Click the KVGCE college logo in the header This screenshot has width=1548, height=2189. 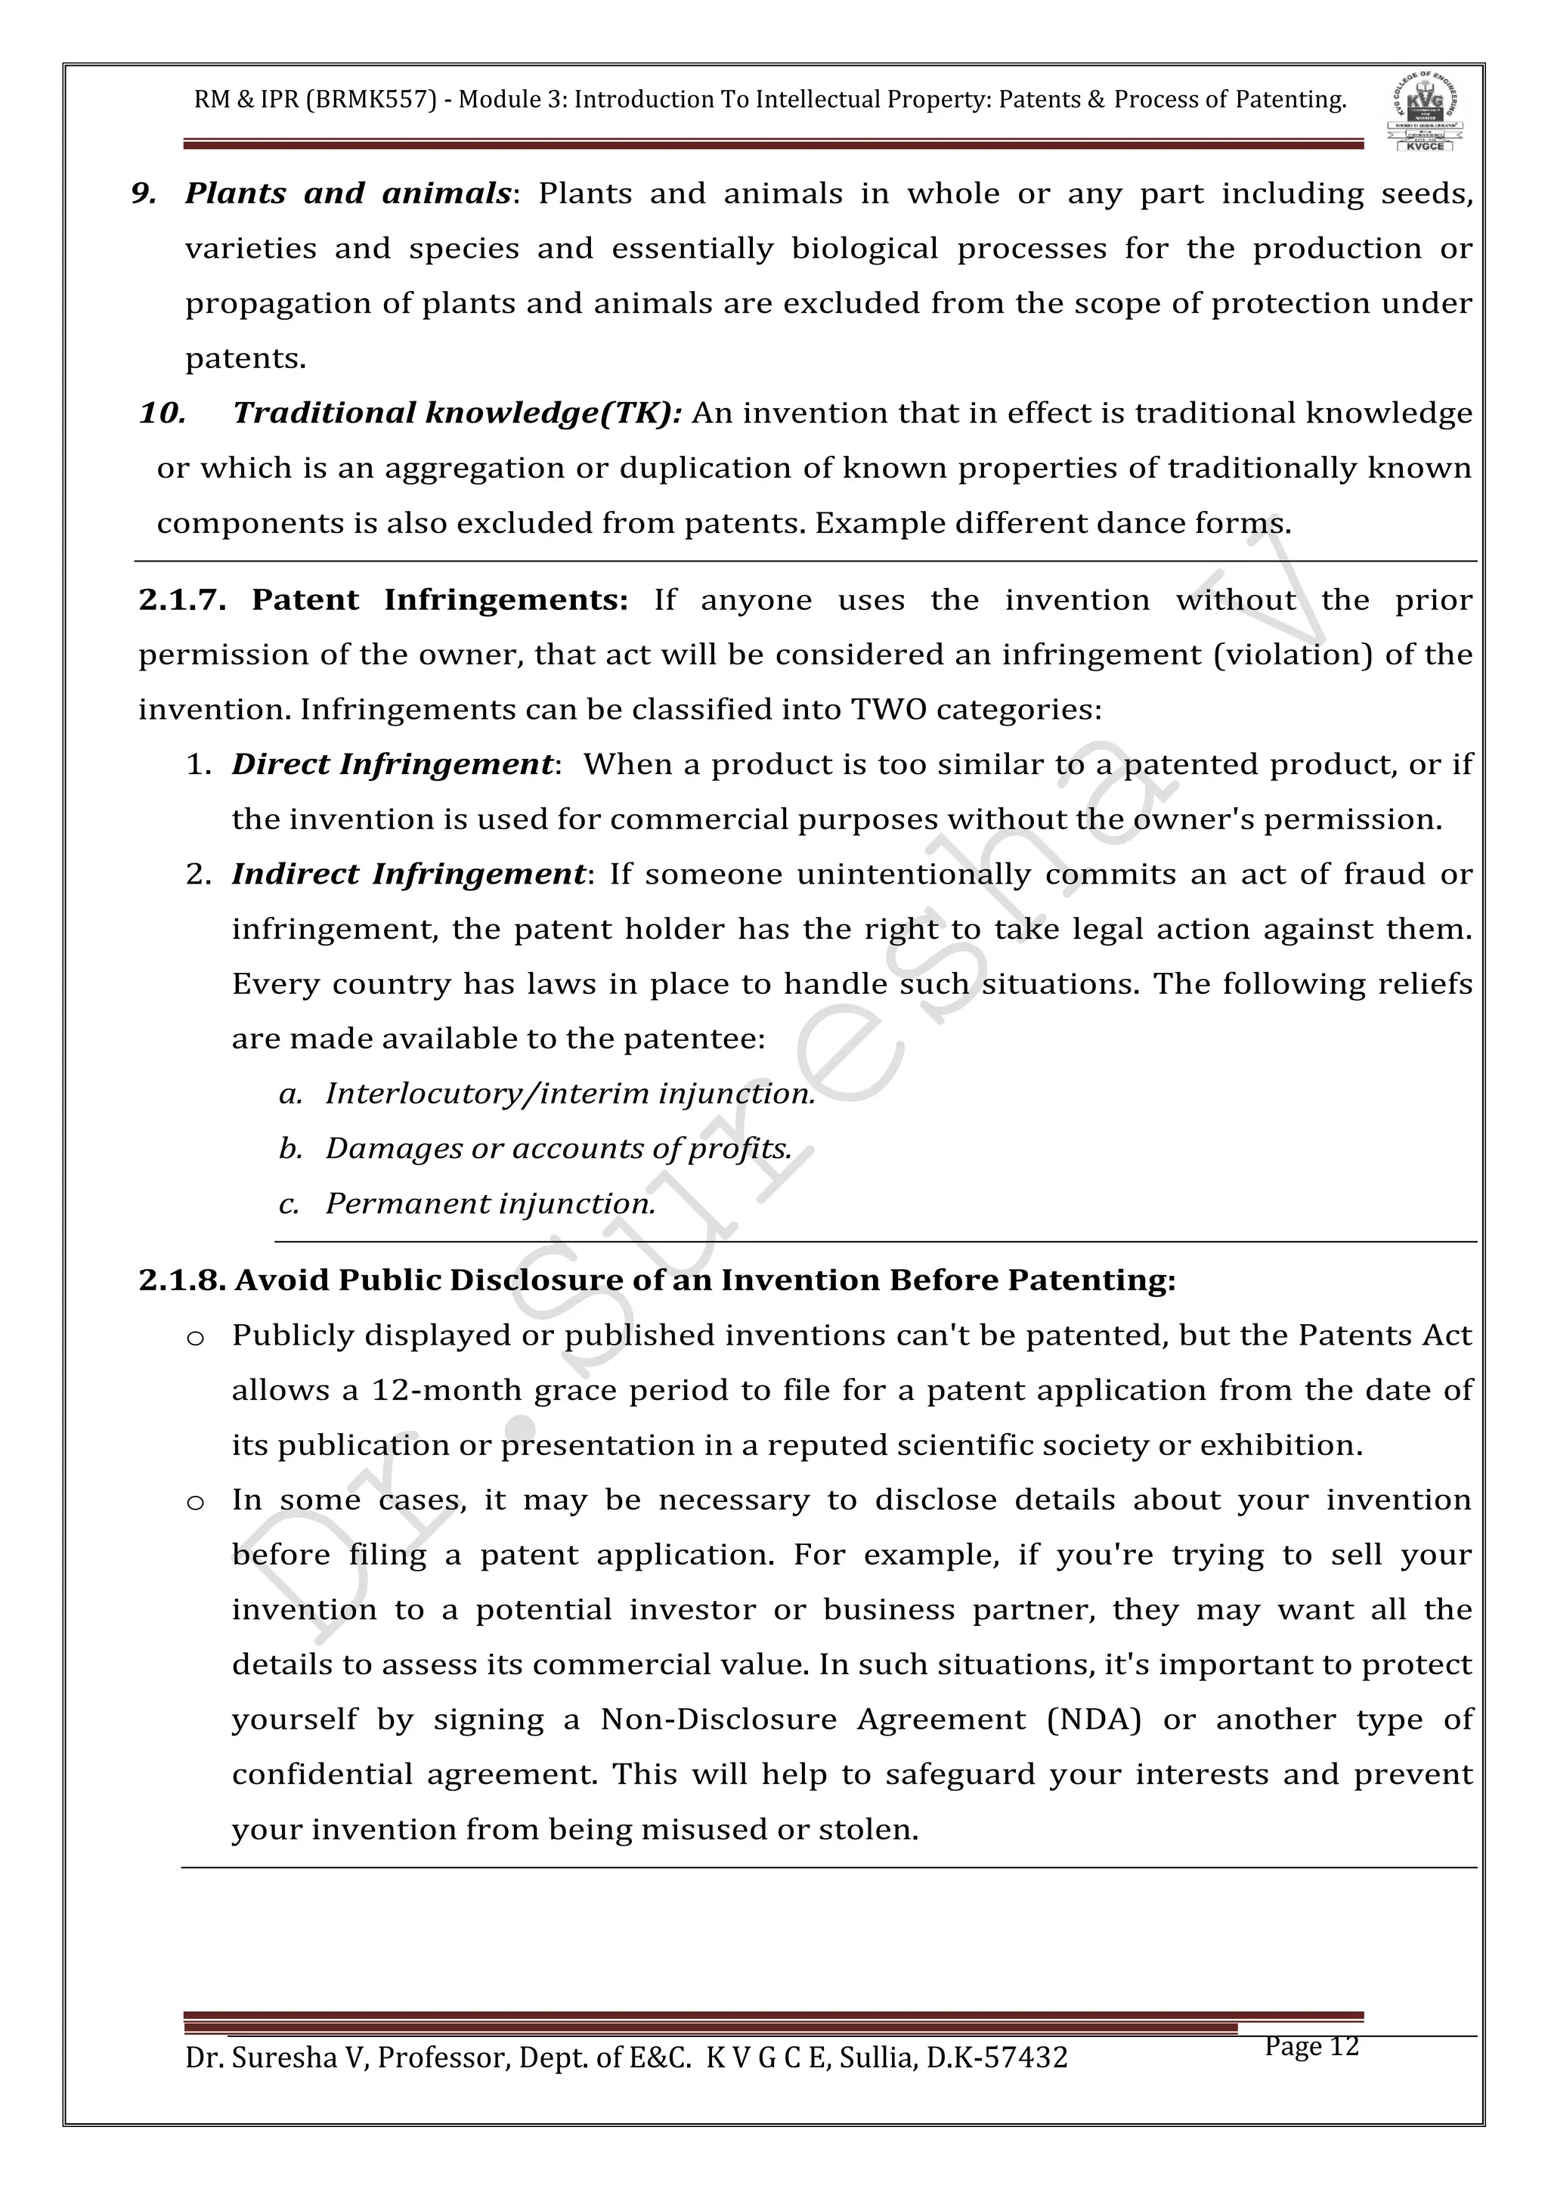(x=1424, y=112)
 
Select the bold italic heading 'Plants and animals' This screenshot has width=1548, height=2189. (x=348, y=194)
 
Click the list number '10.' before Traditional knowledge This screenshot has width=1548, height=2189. (x=162, y=413)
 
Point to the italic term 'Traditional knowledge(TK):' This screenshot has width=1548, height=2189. (x=457, y=413)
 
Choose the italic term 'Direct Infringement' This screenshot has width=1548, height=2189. (x=392, y=765)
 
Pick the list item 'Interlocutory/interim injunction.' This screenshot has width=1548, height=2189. (x=570, y=1094)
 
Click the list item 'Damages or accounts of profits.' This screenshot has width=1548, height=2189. (x=559, y=1149)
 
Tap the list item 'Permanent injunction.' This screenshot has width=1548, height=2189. (x=490, y=1204)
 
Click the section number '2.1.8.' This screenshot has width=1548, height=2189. (x=182, y=1280)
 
